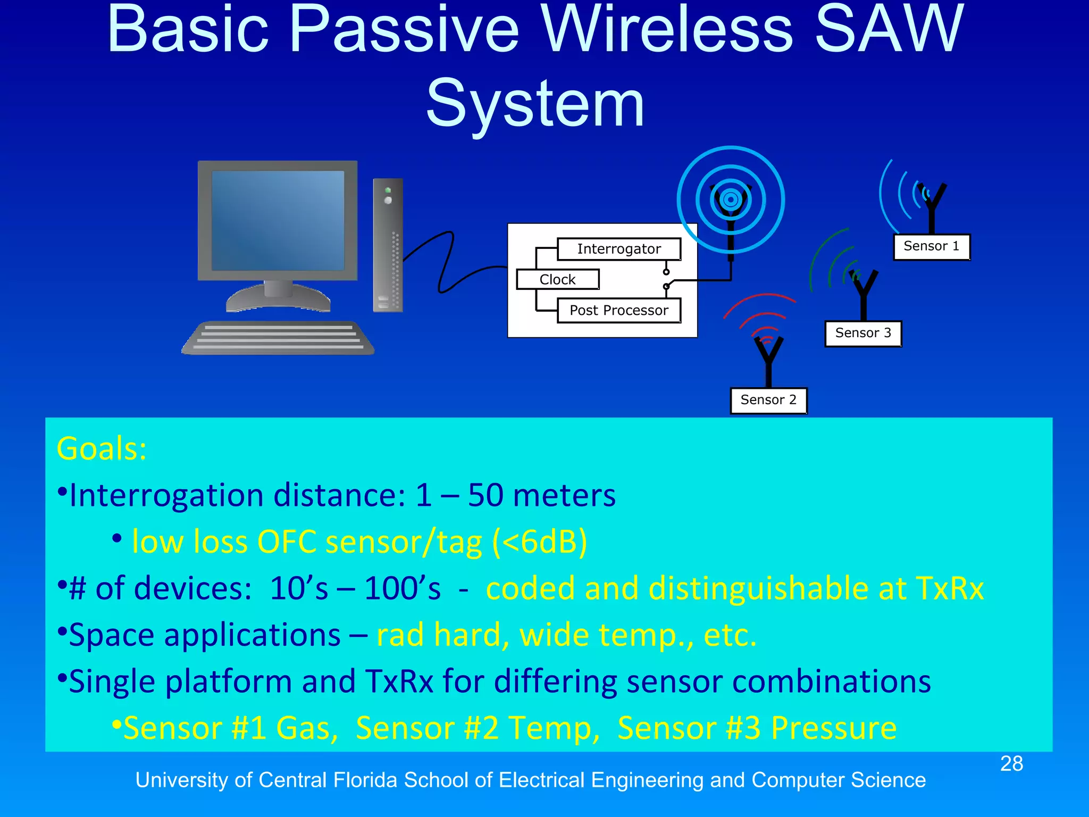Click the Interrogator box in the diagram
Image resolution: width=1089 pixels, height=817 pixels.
coord(619,249)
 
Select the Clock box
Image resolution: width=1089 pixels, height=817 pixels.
coord(558,279)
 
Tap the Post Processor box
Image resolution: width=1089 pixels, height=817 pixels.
coord(619,311)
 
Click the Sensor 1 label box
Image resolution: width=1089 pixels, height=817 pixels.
coord(932,247)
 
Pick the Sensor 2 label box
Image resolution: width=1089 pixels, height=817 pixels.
coord(768,400)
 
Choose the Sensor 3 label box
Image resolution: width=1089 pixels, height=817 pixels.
coord(863,334)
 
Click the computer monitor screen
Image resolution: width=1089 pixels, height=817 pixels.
coord(278,220)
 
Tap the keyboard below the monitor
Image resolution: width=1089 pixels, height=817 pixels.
coord(278,338)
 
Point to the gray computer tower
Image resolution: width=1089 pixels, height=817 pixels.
coord(388,245)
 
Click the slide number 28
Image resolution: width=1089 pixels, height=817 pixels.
coord(1011,764)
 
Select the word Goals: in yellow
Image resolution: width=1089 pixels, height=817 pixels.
coord(102,448)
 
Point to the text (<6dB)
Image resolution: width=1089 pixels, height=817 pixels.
coord(539,542)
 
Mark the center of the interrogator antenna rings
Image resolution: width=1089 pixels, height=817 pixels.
coord(731,200)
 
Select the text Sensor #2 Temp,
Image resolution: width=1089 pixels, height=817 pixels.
coord(478,728)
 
